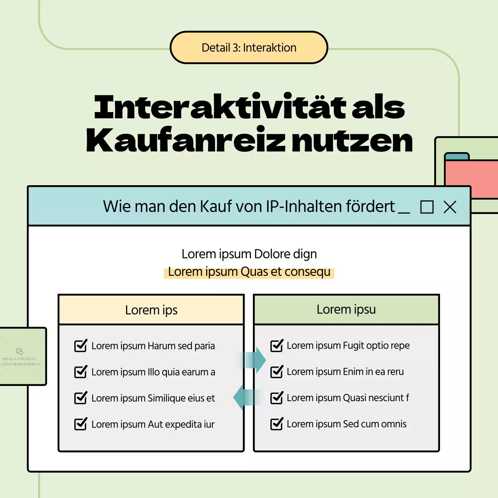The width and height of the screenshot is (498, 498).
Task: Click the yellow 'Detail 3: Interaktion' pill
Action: click(x=249, y=47)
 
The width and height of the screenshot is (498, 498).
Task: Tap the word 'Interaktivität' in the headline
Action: click(x=220, y=107)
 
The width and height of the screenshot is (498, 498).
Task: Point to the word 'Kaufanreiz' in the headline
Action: click(x=186, y=140)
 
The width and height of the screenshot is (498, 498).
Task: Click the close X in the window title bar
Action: click(x=450, y=207)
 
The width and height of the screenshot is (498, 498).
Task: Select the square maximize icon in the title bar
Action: click(x=427, y=207)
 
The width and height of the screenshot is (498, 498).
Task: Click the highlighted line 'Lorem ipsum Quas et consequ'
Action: click(x=249, y=272)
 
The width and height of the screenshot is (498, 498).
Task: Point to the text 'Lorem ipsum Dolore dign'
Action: click(x=249, y=254)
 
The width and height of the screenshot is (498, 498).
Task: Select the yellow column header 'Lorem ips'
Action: click(x=151, y=310)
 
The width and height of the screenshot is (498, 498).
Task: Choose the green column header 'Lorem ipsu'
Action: click(x=346, y=310)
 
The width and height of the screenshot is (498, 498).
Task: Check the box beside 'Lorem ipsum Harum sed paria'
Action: click(x=81, y=345)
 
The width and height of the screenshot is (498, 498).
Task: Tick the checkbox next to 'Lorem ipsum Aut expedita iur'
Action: click(x=81, y=424)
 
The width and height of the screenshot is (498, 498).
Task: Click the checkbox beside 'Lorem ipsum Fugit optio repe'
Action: click(x=277, y=345)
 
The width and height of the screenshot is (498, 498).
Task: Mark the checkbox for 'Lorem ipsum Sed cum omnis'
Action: click(x=277, y=424)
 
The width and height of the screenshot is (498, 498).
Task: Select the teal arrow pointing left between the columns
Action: click(x=245, y=397)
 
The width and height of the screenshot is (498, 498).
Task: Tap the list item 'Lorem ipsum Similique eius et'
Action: click(x=153, y=398)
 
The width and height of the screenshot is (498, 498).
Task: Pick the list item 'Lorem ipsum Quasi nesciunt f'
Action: click(x=347, y=398)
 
